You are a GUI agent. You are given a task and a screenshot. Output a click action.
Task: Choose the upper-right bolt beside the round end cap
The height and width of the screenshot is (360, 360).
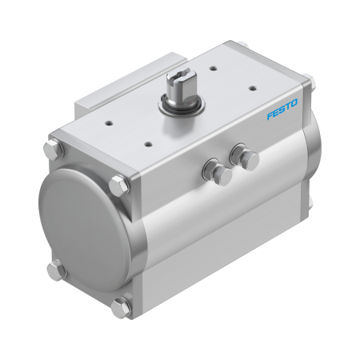120,186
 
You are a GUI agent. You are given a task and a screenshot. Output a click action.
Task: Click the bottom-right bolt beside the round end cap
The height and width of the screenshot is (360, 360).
122,305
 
